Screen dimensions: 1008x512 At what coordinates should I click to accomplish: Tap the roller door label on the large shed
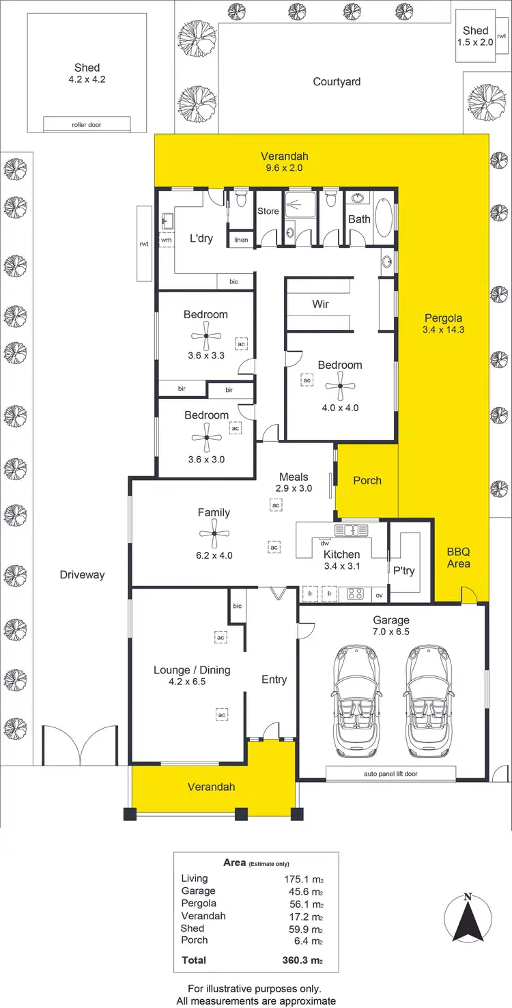(x=87, y=125)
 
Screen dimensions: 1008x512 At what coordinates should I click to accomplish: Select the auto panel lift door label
(x=390, y=774)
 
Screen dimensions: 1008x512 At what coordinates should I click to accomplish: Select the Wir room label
(x=320, y=304)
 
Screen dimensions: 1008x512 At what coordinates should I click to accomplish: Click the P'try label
(x=404, y=570)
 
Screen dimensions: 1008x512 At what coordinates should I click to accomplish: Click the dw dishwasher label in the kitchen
(x=324, y=543)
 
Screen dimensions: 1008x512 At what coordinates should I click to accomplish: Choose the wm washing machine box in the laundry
(x=166, y=240)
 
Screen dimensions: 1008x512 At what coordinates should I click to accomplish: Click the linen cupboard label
(x=241, y=240)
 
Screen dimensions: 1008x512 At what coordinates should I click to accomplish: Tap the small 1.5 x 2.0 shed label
(x=475, y=36)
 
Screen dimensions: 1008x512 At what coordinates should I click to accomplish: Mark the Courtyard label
(x=337, y=82)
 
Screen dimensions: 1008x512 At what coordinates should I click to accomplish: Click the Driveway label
(x=82, y=574)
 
